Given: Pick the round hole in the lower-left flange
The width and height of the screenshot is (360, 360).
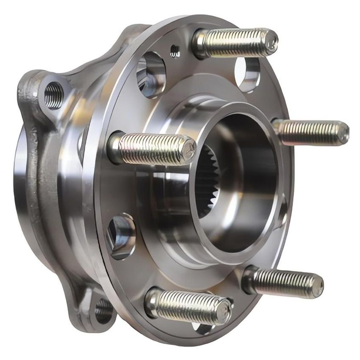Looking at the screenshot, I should click(x=121, y=235).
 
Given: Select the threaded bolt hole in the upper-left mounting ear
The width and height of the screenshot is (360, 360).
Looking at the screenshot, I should click(x=53, y=95).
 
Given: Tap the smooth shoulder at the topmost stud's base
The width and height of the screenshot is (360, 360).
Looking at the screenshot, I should click(x=202, y=43).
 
